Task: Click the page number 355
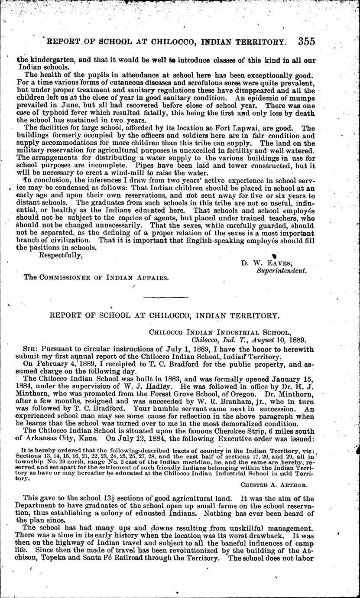pos(307,42)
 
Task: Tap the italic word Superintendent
pos(282,270)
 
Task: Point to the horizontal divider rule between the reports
pos(164,297)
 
